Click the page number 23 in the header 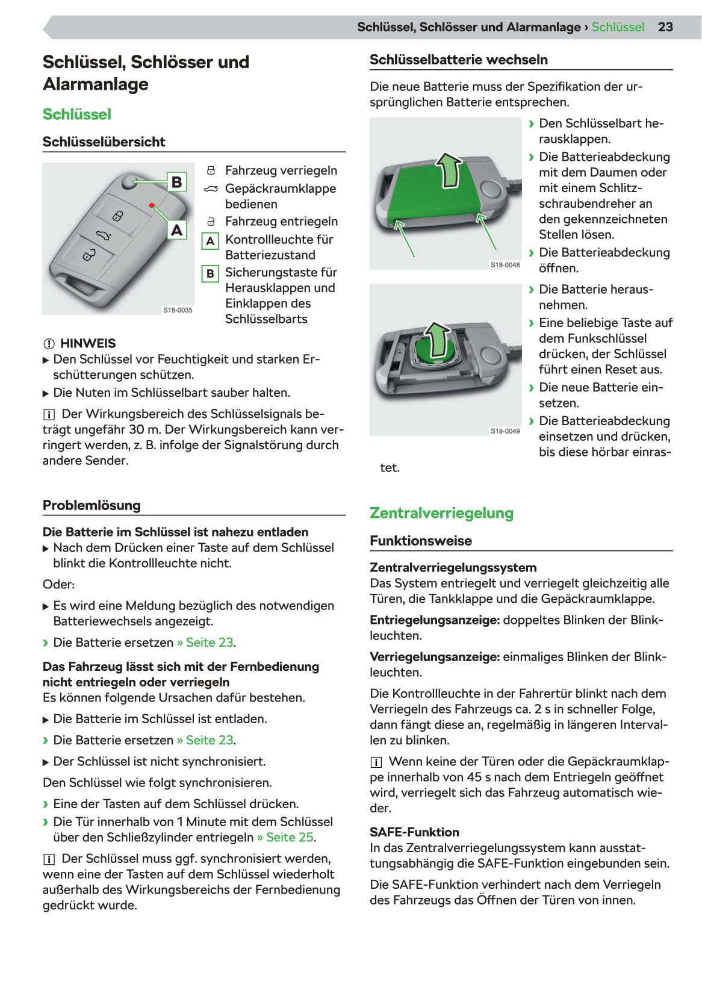click(x=665, y=27)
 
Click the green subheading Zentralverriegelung click(x=441, y=513)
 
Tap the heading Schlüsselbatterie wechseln click(x=458, y=60)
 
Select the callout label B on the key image click(x=176, y=182)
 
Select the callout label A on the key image click(x=176, y=230)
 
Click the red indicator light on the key click(x=152, y=206)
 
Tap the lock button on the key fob click(x=118, y=216)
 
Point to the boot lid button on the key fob click(x=103, y=235)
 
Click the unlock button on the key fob click(x=89, y=255)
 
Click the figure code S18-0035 click(x=178, y=310)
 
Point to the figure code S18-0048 click(x=505, y=265)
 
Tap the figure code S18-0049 click(x=505, y=431)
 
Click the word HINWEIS click(x=88, y=343)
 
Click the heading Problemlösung click(x=92, y=505)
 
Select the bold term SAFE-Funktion click(x=414, y=832)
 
